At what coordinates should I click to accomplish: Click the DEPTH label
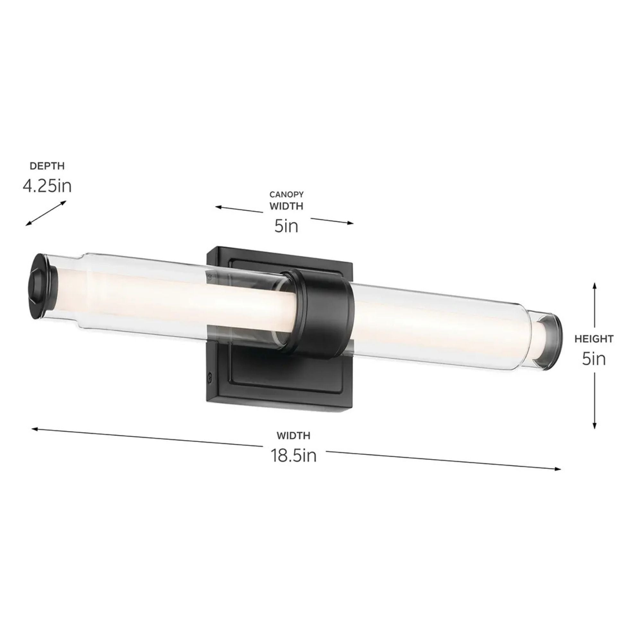(47, 166)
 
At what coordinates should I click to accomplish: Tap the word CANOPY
(286, 194)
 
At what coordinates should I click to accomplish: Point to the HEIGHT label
(594, 339)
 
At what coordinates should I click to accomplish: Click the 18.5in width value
(294, 455)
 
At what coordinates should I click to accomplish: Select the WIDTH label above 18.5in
(294, 435)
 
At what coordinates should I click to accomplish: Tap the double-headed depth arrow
(46, 213)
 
